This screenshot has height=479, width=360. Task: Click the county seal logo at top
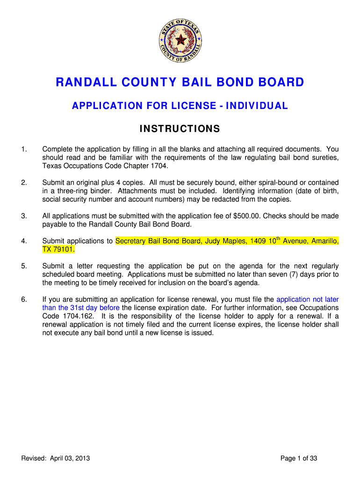pos(180,42)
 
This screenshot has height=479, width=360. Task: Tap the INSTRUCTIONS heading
pos(180,129)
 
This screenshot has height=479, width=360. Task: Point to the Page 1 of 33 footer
pos(299,458)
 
